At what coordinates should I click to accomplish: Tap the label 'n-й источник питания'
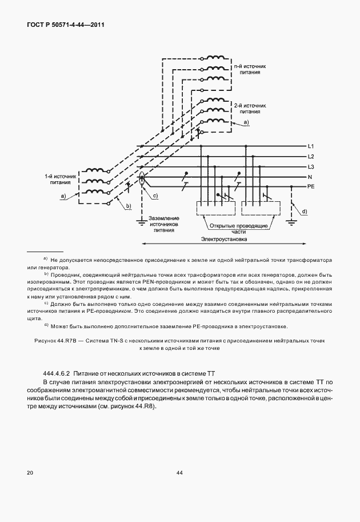click(x=250, y=70)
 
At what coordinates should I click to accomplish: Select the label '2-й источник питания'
click(x=250, y=109)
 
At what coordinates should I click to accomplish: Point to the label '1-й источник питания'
click(x=59, y=180)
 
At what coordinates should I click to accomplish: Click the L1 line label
click(x=311, y=147)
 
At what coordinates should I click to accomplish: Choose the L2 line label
click(x=311, y=157)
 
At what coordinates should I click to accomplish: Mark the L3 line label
click(x=311, y=166)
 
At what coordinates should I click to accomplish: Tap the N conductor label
click(x=310, y=177)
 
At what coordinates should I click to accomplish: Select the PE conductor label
click(x=311, y=187)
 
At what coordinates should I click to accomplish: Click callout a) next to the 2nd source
click(x=246, y=123)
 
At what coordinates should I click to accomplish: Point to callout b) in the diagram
click(x=129, y=206)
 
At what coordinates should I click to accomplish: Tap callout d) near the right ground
click(x=304, y=212)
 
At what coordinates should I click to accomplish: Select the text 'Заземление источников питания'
click(x=164, y=225)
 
